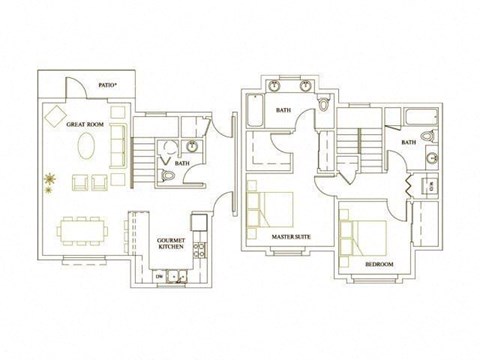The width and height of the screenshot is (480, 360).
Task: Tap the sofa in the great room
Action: (119, 150)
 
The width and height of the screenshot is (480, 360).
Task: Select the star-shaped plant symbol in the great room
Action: (48, 181)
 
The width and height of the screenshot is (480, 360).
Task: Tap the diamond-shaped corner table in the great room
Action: (56, 113)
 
